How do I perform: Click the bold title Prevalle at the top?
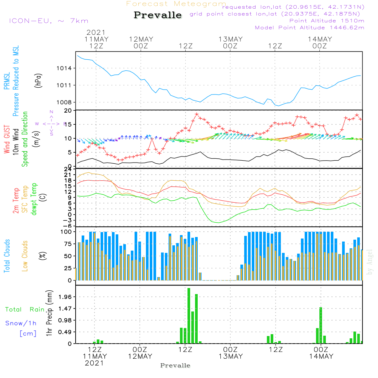click(x=158, y=15)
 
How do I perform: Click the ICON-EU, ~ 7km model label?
click(x=48, y=21)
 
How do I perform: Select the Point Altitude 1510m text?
click(x=327, y=21)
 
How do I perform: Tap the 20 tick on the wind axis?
click(x=68, y=111)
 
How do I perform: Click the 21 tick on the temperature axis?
click(x=68, y=174)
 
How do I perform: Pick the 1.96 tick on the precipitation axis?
click(x=65, y=297)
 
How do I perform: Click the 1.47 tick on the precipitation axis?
click(x=65, y=309)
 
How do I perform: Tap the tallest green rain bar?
click(x=189, y=316)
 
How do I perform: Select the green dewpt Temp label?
click(x=34, y=199)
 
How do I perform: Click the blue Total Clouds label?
click(x=7, y=256)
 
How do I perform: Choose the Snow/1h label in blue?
click(x=21, y=323)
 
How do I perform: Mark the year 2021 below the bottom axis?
click(x=94, y=363)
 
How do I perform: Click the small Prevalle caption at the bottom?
click(x=175, y=366)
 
